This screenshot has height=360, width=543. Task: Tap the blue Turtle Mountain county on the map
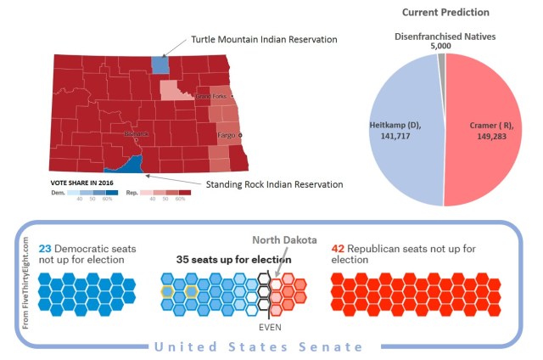(x=160, y=66)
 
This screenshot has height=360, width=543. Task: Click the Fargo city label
(x=226, y=134)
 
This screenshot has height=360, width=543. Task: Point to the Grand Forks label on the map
(x=212, y=97)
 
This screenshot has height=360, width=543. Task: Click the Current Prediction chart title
(x=445, y=12)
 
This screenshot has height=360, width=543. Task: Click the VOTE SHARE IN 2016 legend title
(x=83, y=182)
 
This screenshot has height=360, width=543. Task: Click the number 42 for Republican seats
(x=338, y=249)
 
